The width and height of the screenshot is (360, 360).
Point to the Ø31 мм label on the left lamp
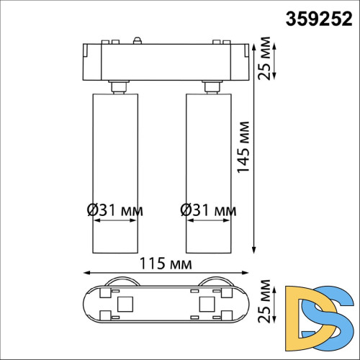[114, 210]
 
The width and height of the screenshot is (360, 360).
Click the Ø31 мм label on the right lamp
[208, 210]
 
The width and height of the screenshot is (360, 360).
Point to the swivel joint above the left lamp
[118, 88]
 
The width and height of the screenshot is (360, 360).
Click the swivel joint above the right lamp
[211, 88]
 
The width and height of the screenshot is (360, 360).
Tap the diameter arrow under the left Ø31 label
[114, 222]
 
